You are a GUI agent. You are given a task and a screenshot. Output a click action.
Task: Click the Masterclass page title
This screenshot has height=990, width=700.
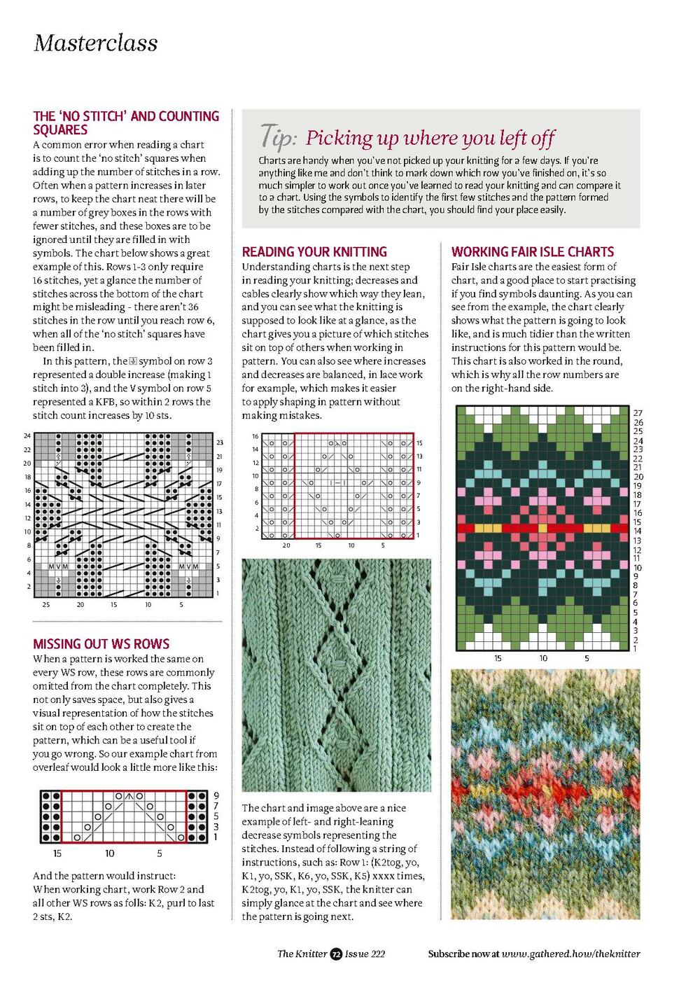point(96,43)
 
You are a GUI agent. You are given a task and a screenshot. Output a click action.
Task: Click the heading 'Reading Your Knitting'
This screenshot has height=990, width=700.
point(314,252)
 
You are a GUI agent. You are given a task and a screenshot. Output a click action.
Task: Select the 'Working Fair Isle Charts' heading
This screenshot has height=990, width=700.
point(532,252)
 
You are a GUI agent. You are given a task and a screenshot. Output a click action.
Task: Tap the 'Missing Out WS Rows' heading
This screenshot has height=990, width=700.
point(101,644)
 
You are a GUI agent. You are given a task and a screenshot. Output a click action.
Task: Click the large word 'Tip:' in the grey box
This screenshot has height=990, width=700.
point(279,137)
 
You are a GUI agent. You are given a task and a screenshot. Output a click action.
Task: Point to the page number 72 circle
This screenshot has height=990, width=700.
point(336,954)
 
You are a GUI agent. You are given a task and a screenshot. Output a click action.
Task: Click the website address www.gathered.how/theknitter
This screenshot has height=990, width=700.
point(570,954)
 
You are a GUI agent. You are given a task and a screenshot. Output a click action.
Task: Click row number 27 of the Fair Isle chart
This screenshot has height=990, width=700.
point(638,414)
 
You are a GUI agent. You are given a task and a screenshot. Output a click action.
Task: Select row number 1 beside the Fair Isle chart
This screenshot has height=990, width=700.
point(636,649)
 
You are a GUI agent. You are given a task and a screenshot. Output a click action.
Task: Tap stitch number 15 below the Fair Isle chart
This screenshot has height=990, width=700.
point(498,658)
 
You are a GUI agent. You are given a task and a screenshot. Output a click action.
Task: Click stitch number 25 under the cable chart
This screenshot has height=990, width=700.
point(46,604)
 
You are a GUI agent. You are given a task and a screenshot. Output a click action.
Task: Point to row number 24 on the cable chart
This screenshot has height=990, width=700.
point(27,436)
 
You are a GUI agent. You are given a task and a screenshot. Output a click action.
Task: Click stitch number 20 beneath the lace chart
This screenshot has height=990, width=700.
point(286,545)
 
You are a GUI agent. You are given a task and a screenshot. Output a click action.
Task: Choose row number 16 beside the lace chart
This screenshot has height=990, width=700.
point(255,436)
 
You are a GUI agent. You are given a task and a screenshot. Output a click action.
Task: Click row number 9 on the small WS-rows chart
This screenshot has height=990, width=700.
point(216,795)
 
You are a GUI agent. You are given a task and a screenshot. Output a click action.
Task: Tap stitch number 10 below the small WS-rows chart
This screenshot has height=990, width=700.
point(110,853)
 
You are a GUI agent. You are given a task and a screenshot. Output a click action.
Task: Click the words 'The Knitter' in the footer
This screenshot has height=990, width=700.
point(302,954)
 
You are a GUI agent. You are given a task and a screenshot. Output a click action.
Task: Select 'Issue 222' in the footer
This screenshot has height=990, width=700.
point(365,954)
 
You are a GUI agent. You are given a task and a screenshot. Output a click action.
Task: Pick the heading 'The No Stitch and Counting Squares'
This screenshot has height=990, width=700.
point(126,123)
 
